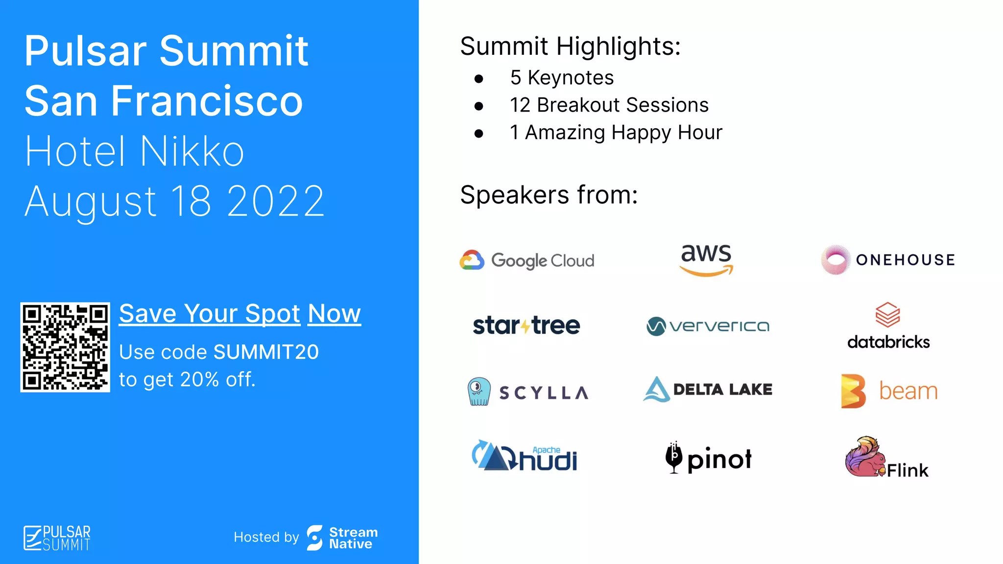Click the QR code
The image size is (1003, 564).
[65, 347]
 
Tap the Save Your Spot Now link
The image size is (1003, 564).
[239, 314]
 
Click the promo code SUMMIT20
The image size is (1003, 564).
[266, 352]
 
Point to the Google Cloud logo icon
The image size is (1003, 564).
[472, 260]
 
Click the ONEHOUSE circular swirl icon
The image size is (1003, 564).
[836, 259]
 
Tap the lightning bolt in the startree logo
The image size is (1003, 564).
[525, 326]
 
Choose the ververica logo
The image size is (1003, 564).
[708, 326]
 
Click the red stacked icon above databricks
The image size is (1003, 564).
[887, 315]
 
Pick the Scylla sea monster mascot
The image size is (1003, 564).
[478, 391]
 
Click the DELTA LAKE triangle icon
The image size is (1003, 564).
[656, 390]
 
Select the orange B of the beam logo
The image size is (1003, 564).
[853, 391]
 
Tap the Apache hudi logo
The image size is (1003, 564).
[524, 456]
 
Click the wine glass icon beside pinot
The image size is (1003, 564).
[674, 457]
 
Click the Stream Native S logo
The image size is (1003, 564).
[314, 538]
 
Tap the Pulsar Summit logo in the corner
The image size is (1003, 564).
[57, 538]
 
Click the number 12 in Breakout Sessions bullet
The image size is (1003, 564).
[520, 105]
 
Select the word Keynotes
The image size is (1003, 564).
[571, 78]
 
